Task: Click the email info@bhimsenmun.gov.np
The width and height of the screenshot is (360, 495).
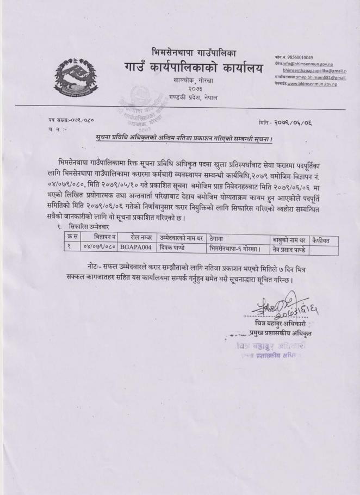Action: click(x=312, y=64)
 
